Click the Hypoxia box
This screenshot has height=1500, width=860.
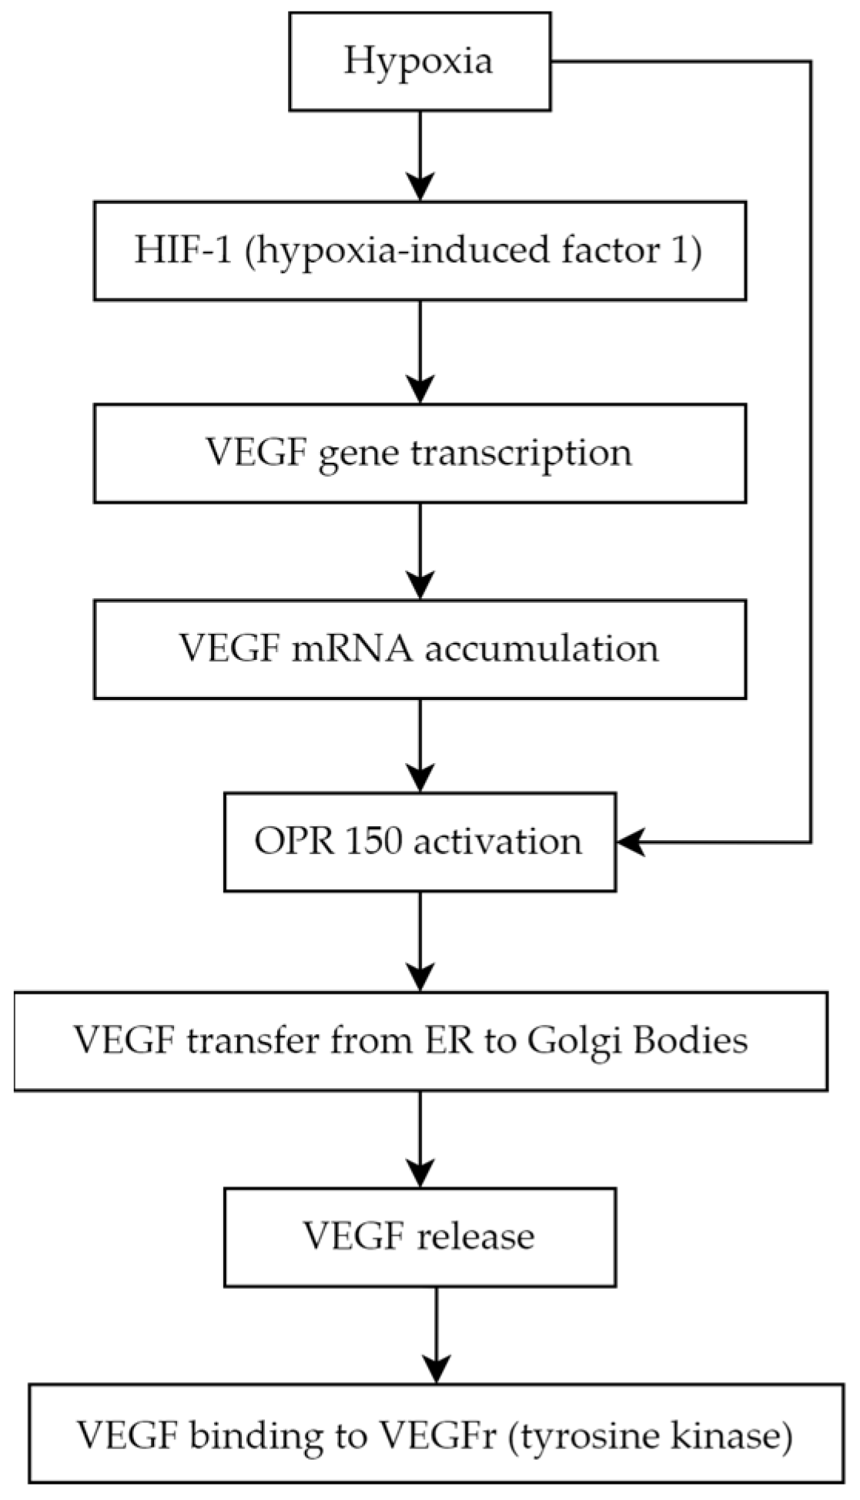(420, 62)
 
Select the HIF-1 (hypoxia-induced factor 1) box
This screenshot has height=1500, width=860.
(420, 251)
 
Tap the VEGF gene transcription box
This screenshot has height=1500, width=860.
(420, 454)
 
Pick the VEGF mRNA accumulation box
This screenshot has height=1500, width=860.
(420, 649)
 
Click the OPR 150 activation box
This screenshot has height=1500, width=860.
(420, 842)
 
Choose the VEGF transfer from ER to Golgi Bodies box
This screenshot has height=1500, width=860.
(420, 1041)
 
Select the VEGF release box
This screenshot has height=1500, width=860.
(420, 1237)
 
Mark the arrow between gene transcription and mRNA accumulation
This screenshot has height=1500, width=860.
(420, 551)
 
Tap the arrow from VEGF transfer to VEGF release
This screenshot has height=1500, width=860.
(420, 1139)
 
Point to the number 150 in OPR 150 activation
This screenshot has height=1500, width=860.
(373, 842)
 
